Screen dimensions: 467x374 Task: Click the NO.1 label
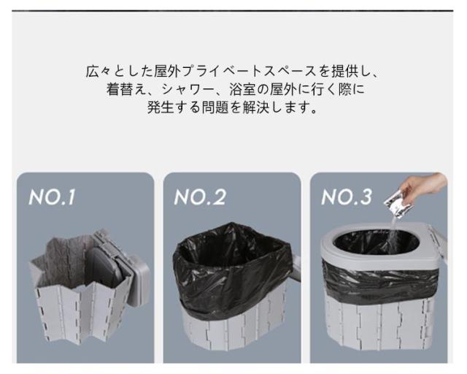click(52, 196)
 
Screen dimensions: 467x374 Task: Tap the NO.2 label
click(200, 196)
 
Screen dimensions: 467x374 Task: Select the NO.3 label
click(347, 196)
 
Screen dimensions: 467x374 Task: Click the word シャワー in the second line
click(188, 89)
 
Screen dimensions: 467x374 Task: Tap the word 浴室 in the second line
click(242, 89)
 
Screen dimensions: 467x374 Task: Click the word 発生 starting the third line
click(161, 107)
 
